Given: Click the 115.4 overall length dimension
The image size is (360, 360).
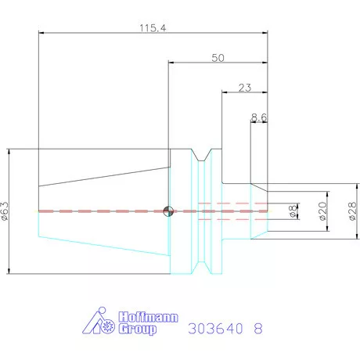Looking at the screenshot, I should click(151, 27).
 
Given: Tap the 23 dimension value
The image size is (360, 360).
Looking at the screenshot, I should click(243, 88).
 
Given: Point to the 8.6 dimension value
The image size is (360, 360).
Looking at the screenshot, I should click(260, 117).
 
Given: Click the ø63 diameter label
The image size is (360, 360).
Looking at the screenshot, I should click(6, 211).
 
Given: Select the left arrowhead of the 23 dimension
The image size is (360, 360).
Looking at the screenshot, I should click(225, 93).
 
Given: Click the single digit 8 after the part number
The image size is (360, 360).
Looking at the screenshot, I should click(258, 329).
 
